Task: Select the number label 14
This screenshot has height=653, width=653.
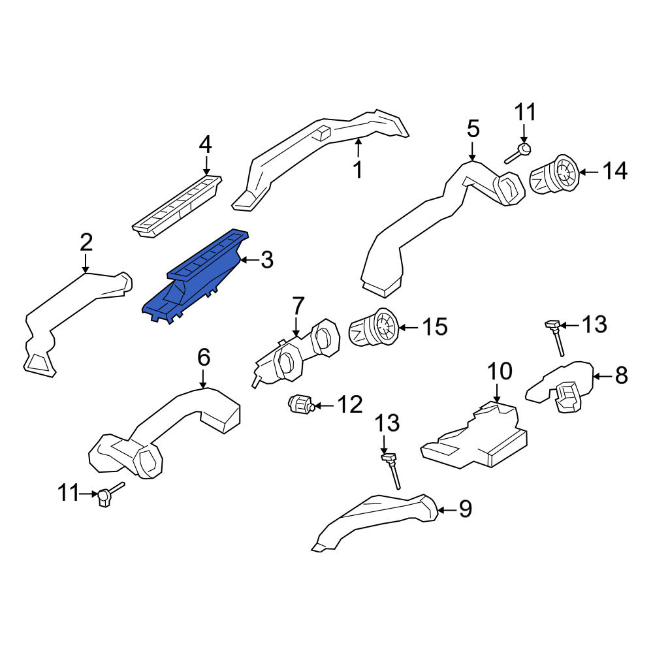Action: click(x=614, y=171)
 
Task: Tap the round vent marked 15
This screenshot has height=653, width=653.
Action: click(x=374, y=327)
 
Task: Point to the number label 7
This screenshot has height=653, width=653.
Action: click(x=298, y=306)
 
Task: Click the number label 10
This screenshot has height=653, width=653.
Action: click(x=500, y=371)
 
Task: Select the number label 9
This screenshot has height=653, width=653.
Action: click(x=465, y=509)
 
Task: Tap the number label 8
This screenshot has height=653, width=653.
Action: click(x=622, y=375)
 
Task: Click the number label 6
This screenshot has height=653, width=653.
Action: click(x=204, y=357)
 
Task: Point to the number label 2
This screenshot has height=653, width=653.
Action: click(x=86, y=242)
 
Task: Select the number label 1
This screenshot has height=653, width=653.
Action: click(x=358, y=170)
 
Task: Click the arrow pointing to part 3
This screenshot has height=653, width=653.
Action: click(x=249, y=261)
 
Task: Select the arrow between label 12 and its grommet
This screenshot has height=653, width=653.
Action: click(x=324, y=406)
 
